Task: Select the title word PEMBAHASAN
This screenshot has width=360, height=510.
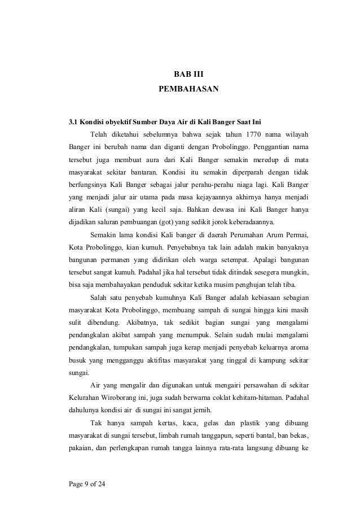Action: click(188, 90)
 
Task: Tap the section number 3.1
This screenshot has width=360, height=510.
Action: click(73, 121)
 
